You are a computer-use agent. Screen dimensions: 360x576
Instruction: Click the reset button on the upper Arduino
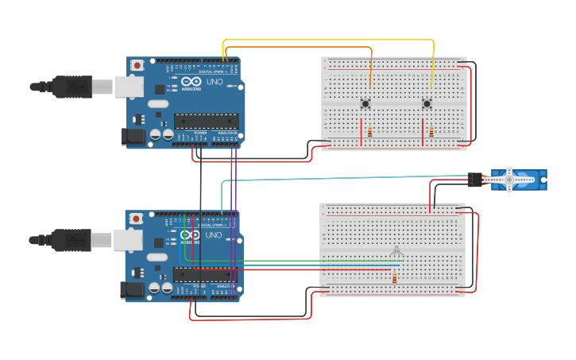coord(138,64)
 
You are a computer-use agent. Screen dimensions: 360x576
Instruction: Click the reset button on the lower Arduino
coord(137,218)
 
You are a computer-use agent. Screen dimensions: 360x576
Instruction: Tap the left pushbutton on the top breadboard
coord(365,103)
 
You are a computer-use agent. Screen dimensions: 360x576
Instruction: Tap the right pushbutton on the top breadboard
coord(427,103)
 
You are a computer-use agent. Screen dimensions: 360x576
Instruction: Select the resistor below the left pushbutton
coord(369,132)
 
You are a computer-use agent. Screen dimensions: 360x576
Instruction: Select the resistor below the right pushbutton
coord(431,132)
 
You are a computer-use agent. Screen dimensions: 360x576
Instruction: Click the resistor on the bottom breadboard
coord(395,277)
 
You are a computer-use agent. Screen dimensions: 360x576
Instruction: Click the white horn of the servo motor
coord(509,180)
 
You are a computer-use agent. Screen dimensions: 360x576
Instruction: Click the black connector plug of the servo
coord(475,180)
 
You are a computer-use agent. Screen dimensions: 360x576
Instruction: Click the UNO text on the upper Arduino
coord(215,82)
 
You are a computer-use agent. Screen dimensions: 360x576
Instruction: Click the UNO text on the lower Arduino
coord(215,235)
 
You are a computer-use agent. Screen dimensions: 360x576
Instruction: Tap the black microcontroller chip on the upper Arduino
coord(207,122)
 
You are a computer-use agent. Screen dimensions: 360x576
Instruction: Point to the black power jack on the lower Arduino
coord(133,291)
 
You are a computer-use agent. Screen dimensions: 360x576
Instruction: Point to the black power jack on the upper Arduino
coord(133,137)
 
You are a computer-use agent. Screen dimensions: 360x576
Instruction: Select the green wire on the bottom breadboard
coord(318,261)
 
